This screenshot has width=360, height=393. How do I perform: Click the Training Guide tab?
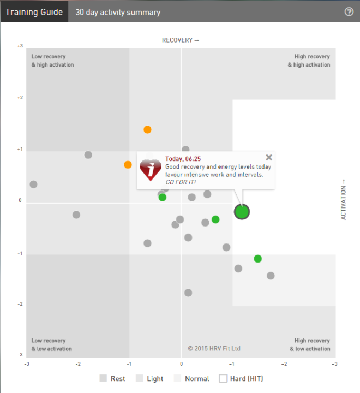click(x=34, y=11)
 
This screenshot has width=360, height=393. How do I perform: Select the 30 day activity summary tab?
click(x=118, y=11)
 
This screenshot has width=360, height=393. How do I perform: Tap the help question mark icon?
click(x=349, y=11)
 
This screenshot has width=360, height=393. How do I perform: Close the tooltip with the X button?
click(x=268, y=157)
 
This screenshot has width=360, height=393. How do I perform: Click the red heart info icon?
click(x=151, y=170)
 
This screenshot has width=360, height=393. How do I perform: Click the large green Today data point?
click(x=242, y=212)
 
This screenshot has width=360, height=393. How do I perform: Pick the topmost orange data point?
click(x=147, y=129)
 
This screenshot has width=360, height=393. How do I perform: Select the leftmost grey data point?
click(x=33, y=184)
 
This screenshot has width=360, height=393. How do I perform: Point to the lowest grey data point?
click(x=188, y=293)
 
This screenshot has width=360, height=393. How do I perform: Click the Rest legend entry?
click(x=112, y=378)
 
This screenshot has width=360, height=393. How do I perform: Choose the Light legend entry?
click(x=149, y=378)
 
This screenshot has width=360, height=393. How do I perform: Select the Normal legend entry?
click(x=191, y=378)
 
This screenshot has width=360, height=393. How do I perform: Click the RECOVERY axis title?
click(x=181, y=40)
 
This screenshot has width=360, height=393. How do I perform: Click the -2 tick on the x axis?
click(x=78, y=363)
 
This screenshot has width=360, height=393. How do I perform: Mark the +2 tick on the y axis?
click(x=20, y=98)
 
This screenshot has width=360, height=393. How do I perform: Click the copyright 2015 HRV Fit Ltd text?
click(x=214, y=348)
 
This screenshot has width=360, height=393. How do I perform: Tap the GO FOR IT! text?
click(x=181, y=182)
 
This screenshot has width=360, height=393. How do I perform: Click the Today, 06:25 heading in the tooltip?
click(x=183, y=159)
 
